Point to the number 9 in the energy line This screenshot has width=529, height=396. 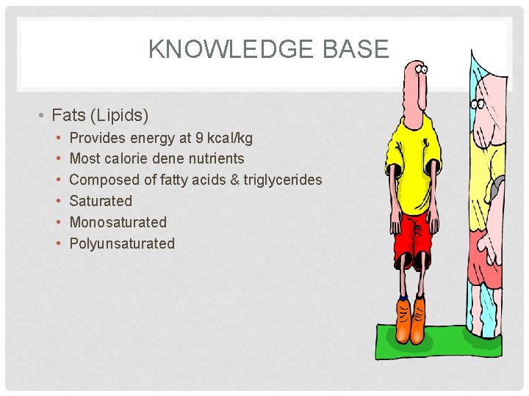(200, 138)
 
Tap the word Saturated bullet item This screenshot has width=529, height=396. (101, 201)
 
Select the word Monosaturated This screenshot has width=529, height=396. (118, 222)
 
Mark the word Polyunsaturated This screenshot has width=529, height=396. (122, 243)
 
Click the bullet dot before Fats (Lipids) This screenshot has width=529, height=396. (45, 115)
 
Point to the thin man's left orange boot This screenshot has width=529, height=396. (403, 319)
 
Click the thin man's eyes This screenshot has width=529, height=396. (420, 70)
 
